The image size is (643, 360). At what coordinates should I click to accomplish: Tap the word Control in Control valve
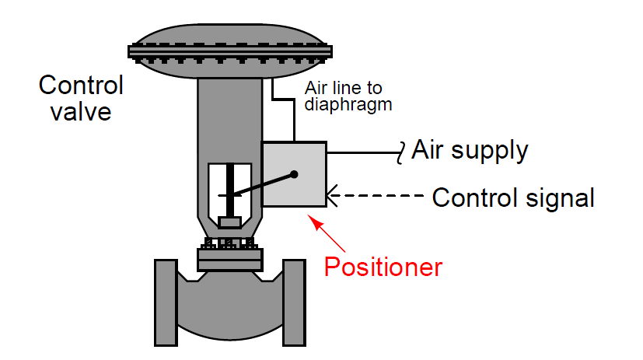click(82, 85)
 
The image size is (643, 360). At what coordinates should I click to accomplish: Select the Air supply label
click(470, 149)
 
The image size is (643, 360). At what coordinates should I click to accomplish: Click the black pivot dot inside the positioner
click(294, 174)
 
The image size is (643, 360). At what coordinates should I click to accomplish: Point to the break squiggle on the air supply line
click(402, 152)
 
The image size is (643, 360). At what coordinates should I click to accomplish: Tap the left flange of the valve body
click(166, 299)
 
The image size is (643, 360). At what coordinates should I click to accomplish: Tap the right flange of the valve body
click(294, 299)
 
